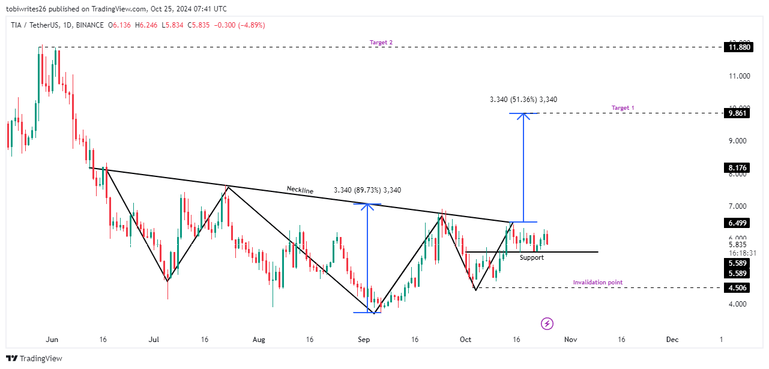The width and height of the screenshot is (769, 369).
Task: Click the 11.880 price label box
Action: pyautogui.click(x=738, y=47)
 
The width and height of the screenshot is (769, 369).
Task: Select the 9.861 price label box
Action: pyautogui.click(x=738, y=113)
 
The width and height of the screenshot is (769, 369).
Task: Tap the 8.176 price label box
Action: pyautogui.click(x=738, y=168)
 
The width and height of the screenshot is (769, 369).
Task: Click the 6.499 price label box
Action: pyautogui.click(x=738, y=223)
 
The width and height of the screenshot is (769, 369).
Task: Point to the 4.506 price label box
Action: pyautogui.click(x=738, y=287)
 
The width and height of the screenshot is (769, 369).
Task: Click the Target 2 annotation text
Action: pyautogui.click(x=381, y=43)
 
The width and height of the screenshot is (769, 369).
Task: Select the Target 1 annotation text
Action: pyautogui.click(x=623, y=108)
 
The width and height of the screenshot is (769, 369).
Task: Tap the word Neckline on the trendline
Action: pyautogui.click(x=300, y=190)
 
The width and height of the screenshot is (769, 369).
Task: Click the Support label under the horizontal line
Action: pyautogui.click(x=531, y=257)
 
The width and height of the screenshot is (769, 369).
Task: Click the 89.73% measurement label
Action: pyautogui.click(x=367, y=190)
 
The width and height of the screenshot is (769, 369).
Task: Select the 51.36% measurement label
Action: pyautogui.click(x=523, y=100)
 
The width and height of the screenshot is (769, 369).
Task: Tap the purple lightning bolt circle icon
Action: pyautogui.click(x=547, y=323)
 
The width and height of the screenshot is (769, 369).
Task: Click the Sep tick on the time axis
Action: pyautogui.click(x=363, y=340)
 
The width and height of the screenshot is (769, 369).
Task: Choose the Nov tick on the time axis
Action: pyautogui.click(x=570, y=340)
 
